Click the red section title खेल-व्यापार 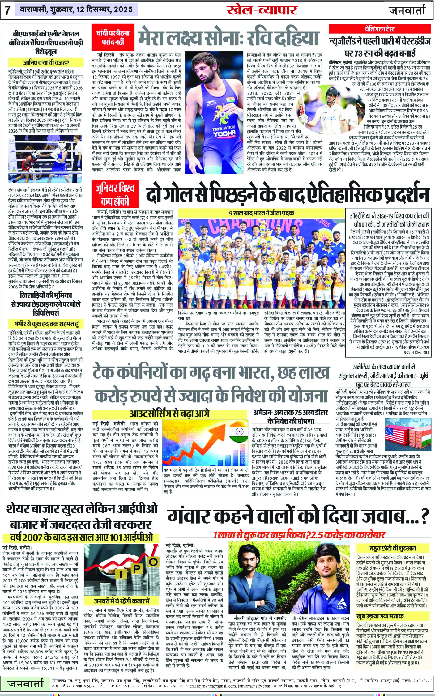262,10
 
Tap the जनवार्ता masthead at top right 407,11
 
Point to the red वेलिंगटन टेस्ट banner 379,29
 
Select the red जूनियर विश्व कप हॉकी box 115,194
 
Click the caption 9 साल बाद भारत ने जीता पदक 261,213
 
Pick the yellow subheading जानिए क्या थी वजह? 46,63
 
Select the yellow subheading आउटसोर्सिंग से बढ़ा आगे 169,414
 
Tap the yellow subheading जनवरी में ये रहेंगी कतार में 122,601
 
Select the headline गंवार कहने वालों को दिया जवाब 298,516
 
